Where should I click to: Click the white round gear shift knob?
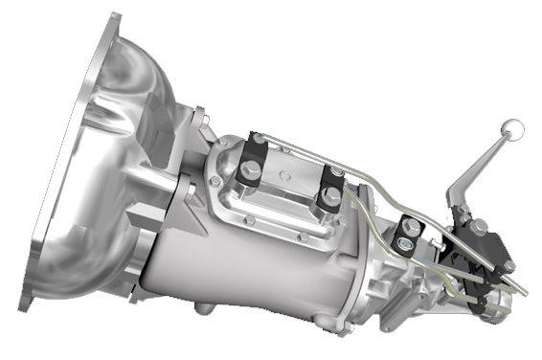pyautogui.click(x=514, y=126)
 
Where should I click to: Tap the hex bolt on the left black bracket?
pyautogui.click(x=252, y=170)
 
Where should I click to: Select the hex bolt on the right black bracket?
pyautogui.click(x=329, y=198)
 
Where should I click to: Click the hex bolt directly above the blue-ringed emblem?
pyautogui.click(x=410, y=228)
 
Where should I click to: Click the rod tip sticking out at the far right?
pyautogui.click(x=525, y=289)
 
